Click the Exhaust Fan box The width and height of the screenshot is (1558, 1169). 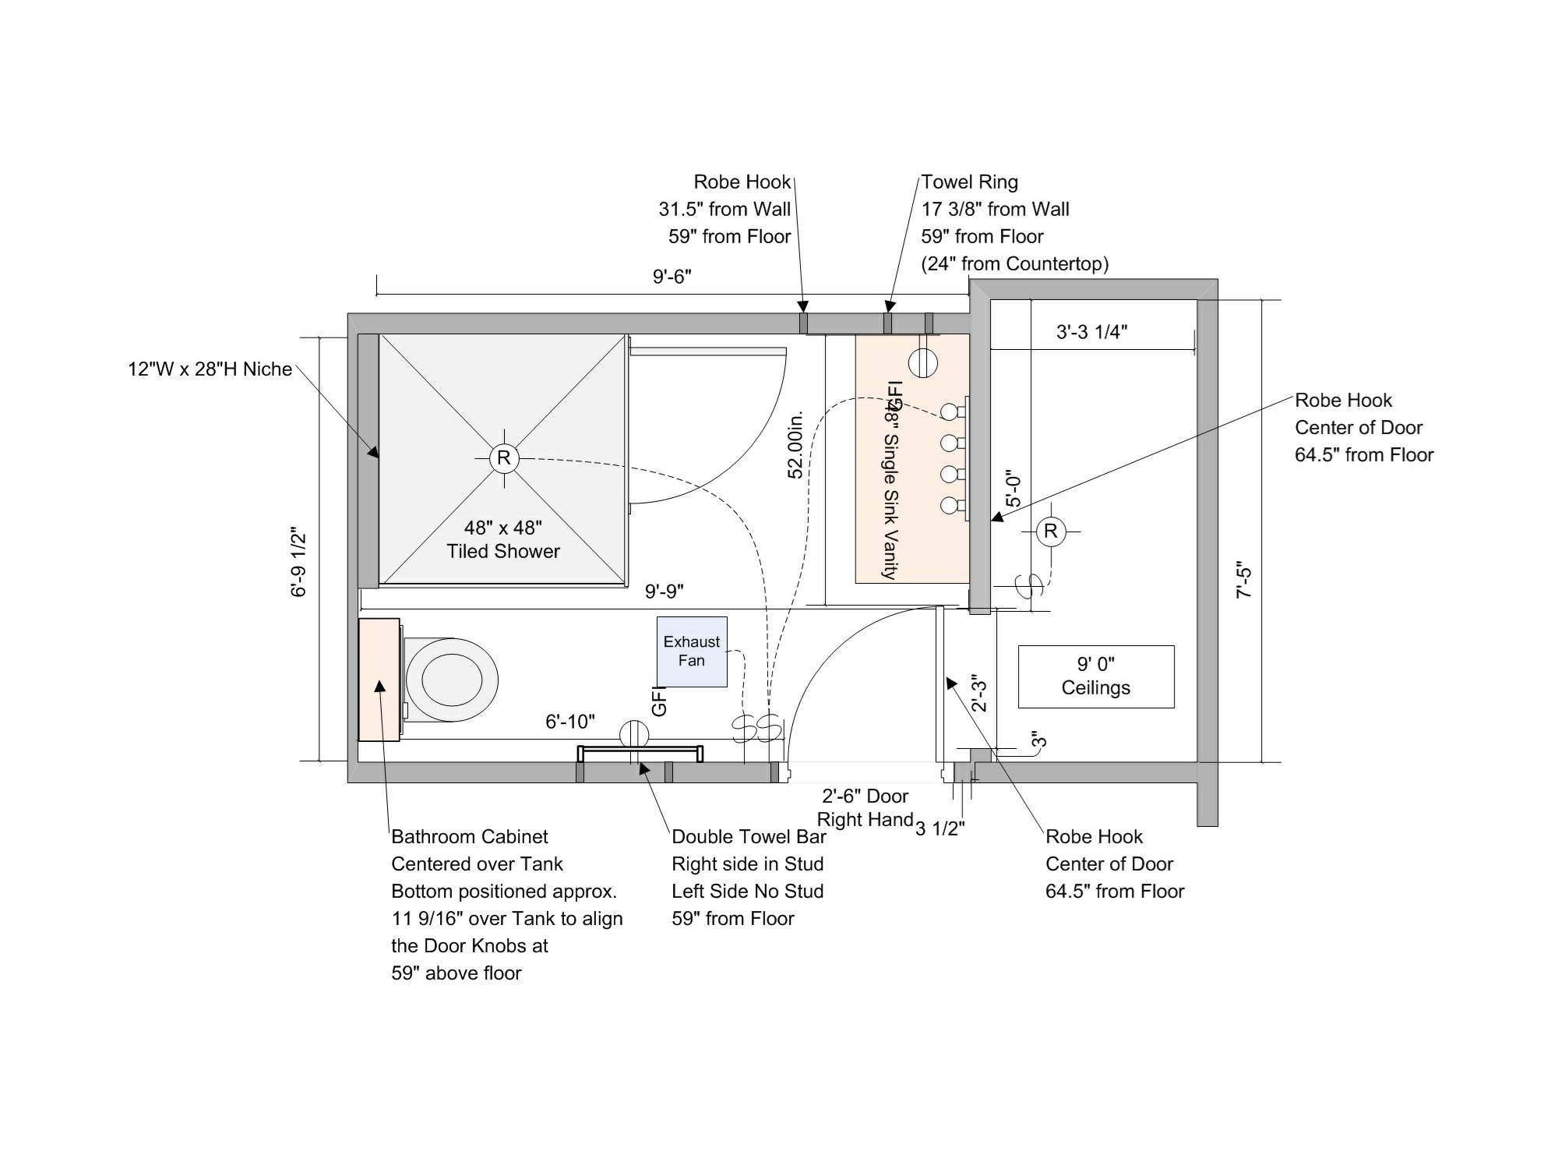click(x=692, y=652)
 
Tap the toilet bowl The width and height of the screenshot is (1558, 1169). click(x=451, y=679)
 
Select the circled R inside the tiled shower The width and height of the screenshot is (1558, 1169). click(x=504, y=457)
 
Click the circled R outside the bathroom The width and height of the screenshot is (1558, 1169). click(x=1051, y=532)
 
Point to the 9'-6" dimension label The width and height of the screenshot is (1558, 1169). click(x=672, y=277)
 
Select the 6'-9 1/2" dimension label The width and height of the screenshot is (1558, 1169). click(x=299, y=563)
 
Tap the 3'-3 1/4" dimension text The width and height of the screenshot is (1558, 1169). click(x=1091, y=331)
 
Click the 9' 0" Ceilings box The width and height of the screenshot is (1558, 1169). click(x=1096, y=676)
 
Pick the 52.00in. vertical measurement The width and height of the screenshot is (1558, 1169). click(x=795, y=444)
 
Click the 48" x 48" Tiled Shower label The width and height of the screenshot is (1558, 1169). click(x=503, y=539)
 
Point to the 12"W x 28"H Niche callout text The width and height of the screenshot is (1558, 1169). click(x=210, y=369)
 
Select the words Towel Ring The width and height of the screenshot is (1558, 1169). click(x=970, y=182)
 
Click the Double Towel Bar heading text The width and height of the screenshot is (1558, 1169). click(x=749, y=836)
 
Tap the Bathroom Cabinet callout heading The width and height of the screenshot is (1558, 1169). click(x=470, y=836)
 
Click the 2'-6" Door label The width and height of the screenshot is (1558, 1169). click(x=865, y=796)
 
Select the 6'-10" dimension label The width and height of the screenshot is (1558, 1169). click(x=570, y=722)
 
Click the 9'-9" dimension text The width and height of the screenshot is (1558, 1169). click(x=664, y=592)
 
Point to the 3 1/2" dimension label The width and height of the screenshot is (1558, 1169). click(x=940, y=828)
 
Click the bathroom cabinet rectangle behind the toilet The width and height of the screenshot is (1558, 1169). click(x=379, y=680)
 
